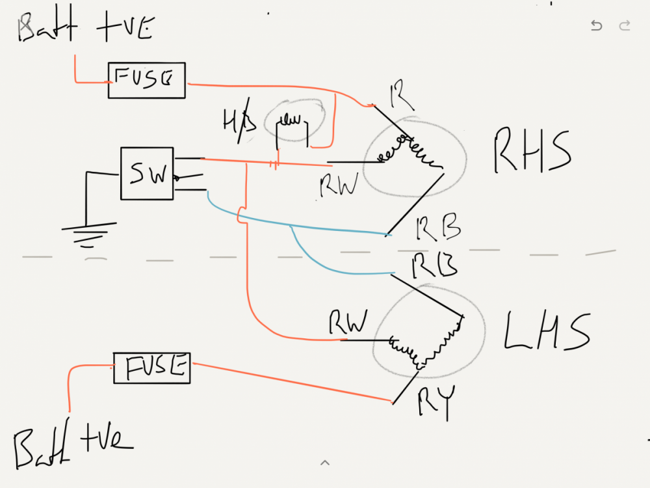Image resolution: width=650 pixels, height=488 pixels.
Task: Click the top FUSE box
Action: point(146,81)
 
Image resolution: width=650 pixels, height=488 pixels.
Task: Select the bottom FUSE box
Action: point(152,368)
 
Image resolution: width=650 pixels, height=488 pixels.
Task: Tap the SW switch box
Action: point(147,173)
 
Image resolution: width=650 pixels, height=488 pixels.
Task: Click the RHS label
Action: point(532,152)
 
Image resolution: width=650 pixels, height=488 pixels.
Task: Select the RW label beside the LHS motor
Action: point(348,322)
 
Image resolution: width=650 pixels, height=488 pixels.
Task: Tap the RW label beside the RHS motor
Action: point(339,186)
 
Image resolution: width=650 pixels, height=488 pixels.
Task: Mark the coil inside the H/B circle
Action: point(292,120)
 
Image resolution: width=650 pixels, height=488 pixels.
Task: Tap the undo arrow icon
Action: point(596,26)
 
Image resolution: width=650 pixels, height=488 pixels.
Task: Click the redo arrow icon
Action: point(625,26)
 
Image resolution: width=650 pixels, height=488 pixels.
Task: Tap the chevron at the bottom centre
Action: point(325,463)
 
